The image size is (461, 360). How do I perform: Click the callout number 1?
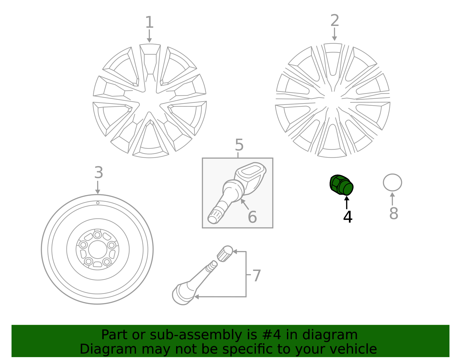[149, 22]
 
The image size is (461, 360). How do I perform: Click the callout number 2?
[335, 21]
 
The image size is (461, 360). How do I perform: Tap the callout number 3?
[99, 173]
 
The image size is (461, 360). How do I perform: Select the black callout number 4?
[347, 217]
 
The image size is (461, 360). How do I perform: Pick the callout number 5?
[239, 145]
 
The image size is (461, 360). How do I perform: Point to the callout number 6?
[252, 217]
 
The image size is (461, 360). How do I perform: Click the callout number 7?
[256, 276]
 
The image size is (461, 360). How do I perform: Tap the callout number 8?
[394, 214]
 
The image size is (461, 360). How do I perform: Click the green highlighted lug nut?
[341, 185]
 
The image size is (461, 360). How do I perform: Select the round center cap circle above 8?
[392, 182]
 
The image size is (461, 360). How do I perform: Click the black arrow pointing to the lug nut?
[347, 202]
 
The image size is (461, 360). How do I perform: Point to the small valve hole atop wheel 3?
[98, 203]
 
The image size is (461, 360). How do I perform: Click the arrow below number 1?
[149, 36]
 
